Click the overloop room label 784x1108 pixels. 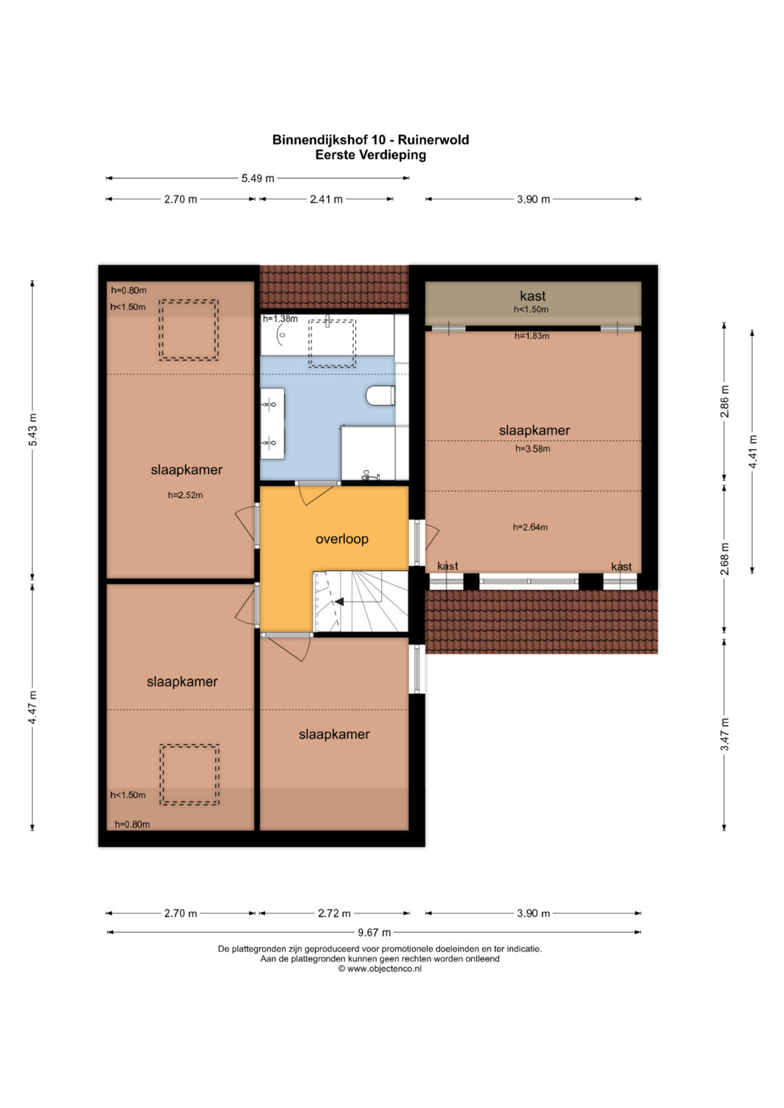342,538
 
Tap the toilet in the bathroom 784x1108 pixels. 380,395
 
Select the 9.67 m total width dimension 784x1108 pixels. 374,932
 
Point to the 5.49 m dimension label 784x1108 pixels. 258,178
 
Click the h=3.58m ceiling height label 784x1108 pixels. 533,448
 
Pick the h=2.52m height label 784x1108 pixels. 185,495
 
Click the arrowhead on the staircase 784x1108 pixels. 339,602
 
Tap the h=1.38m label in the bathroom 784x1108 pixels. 280,319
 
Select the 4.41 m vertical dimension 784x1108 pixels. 752,451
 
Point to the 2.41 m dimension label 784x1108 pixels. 326,200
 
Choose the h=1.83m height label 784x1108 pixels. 531,336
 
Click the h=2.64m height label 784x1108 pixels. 530,527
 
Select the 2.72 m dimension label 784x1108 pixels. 334,913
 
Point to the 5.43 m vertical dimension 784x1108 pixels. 32,430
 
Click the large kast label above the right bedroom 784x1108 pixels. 533,296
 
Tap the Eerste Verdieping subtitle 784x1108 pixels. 371,155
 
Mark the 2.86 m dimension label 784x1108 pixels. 724,401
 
